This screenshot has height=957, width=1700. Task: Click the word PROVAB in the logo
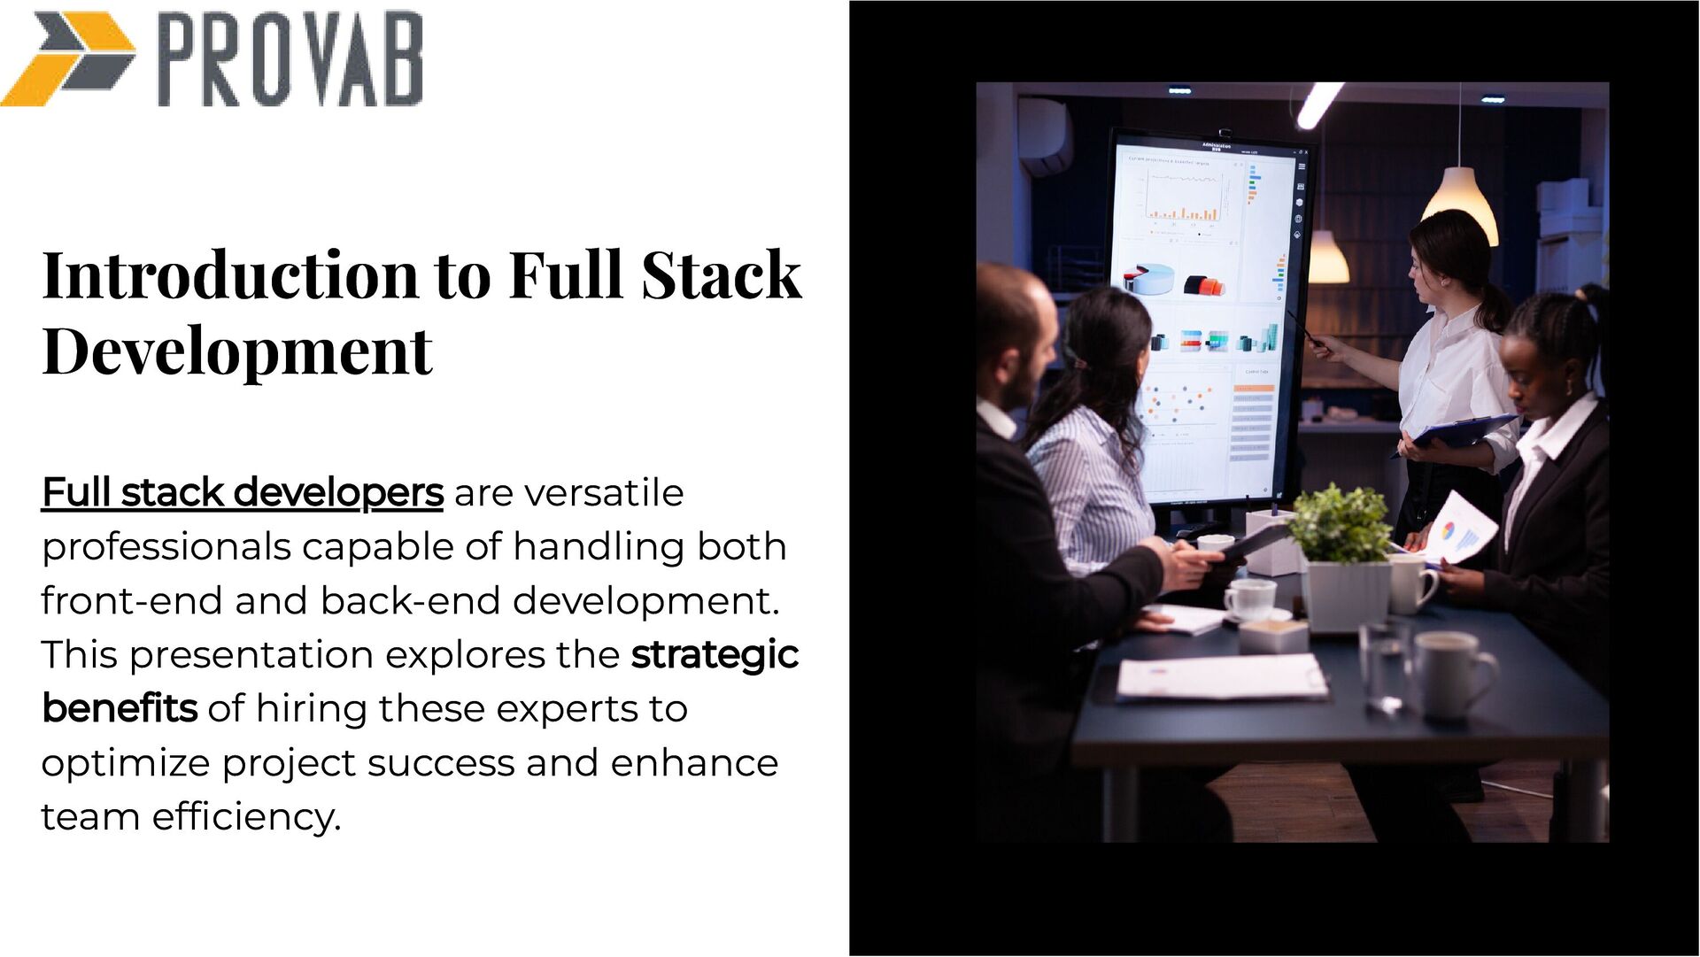[x=290, y=60]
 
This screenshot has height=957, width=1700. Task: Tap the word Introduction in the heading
[x=229, y=275]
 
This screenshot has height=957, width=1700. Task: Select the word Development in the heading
[x=236, y=351]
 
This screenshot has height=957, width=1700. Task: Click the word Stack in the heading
[x=721, y=275]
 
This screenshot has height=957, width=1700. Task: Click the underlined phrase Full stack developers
[x=242, y=493]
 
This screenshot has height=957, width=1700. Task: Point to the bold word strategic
[x=715, y=655]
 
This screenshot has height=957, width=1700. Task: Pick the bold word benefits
[x=120, y=709]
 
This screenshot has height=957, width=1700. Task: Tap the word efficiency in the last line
[x=245, y=817]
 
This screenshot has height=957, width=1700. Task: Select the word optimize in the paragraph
[x=126, y=763]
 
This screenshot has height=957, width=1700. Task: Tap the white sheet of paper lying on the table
[x=1221, y=677]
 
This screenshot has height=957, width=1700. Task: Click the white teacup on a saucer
[x=1250, y=599]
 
